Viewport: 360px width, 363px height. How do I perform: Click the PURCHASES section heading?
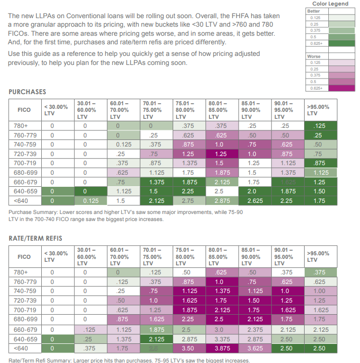(x=27, y=92)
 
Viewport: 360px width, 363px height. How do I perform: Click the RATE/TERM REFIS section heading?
(x=35, y=238)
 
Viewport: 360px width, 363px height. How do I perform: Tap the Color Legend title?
(x=330, y=4)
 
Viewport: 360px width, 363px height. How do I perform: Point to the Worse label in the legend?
(x=314, y=56)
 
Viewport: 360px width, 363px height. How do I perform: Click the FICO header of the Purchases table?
(x=24, y=110)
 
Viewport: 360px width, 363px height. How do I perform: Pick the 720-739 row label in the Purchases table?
(x=24, y=154)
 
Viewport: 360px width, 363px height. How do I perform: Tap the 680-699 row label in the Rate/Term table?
(x=24, y=319)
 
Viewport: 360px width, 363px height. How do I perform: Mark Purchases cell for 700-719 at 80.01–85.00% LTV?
(x=221, y=163)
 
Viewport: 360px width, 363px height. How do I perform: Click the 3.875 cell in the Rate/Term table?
(x=221, y=348)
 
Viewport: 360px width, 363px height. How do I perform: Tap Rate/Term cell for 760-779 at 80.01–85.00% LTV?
(x=221, y=282)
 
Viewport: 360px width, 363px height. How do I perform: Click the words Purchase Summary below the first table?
(x=32, y=212)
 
